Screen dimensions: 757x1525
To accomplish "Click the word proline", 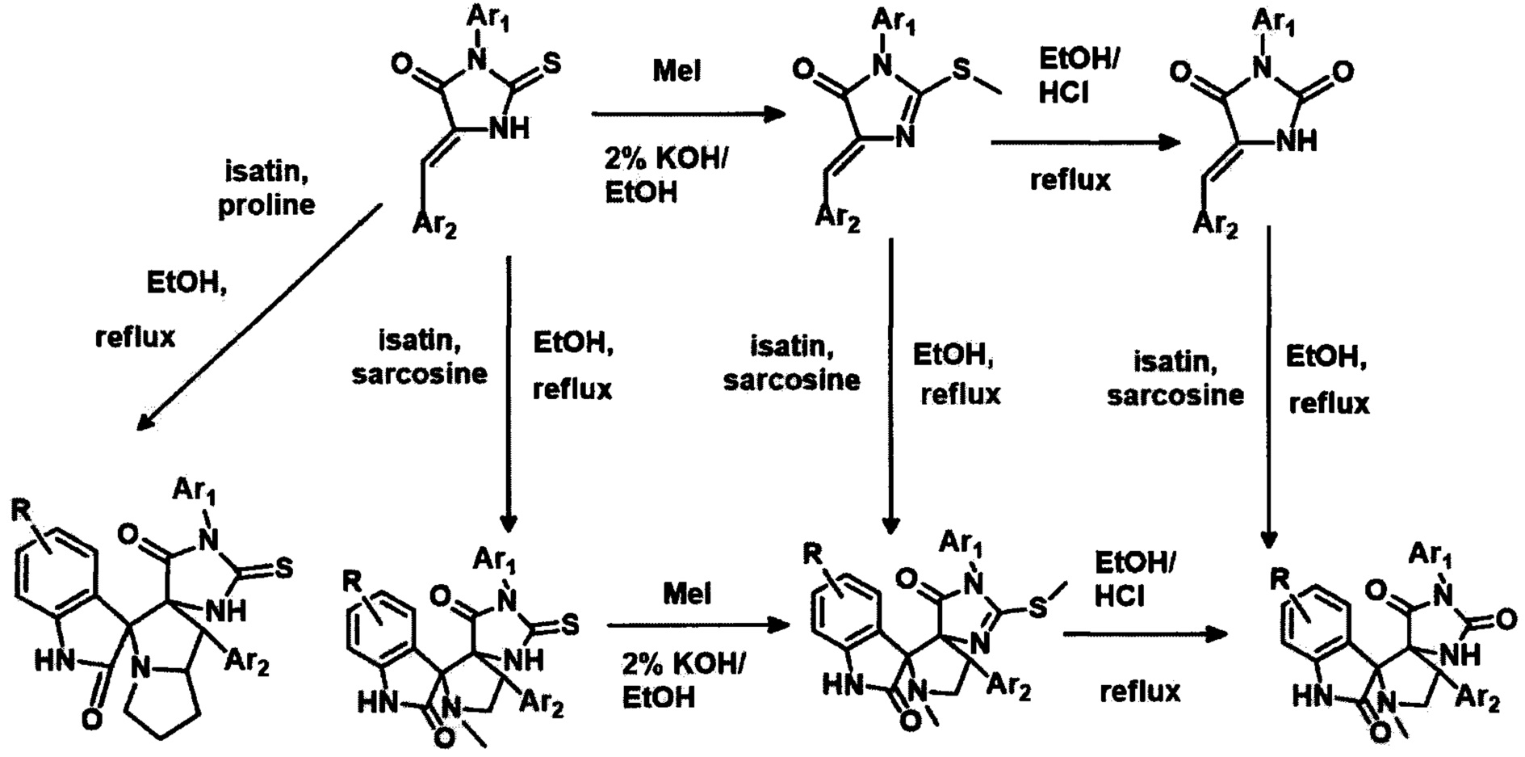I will point(266,204).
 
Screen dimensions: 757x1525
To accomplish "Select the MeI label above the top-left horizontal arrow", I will point(677,71).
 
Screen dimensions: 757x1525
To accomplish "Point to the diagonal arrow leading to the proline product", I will point(258,315).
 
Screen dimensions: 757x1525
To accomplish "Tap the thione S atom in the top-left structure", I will point(553,63).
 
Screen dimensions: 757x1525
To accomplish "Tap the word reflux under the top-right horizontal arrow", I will point(1070,179).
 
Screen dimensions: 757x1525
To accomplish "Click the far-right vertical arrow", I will point(1268,388).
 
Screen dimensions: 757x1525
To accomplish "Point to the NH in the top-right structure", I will point(1297,141).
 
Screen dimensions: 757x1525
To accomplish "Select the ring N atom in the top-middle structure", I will point(905,140).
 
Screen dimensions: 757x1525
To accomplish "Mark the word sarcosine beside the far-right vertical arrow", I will point(1175,395).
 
